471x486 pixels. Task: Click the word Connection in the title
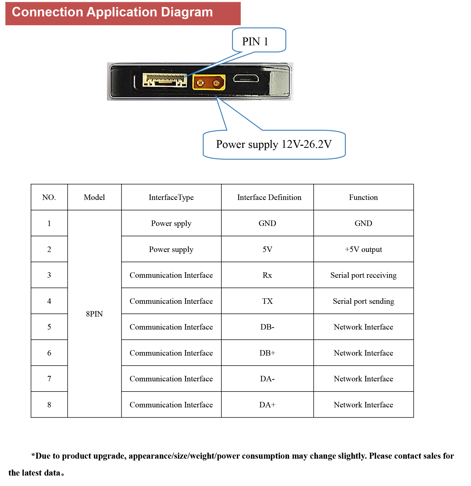pyautogui.click(x=47, y=12)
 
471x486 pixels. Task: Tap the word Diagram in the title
pyautogui.click(x=187, y=12)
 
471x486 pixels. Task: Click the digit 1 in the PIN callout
pyautogui.click(x=266, y=41)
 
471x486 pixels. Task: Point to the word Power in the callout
pyautogui.click(x=230, y=144)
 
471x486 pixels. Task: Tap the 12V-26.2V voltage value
pyautogui.click(x=306, y=144)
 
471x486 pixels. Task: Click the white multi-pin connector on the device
pyautogui.click(x=165, y=80)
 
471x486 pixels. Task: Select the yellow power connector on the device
pyautogui.click(x=209, y=82)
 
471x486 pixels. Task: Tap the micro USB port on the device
pyautogui.click(x=246, y=78)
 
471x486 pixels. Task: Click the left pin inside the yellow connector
pyautogui.click(x=200, y=83)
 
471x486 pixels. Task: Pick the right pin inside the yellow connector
pyautogui.click(x=216, y=83)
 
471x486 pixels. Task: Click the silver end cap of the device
pyautogui.click(x=280, y=81)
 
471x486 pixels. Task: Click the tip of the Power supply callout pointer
pyautogui.click(x=217, y=97)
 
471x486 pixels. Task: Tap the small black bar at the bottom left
pyautogui.click(x=36, y=472)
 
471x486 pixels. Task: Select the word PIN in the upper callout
pyautogui.click(x=251, y=41)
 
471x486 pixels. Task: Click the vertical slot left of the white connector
pyautogui.click(x=135, y=81)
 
